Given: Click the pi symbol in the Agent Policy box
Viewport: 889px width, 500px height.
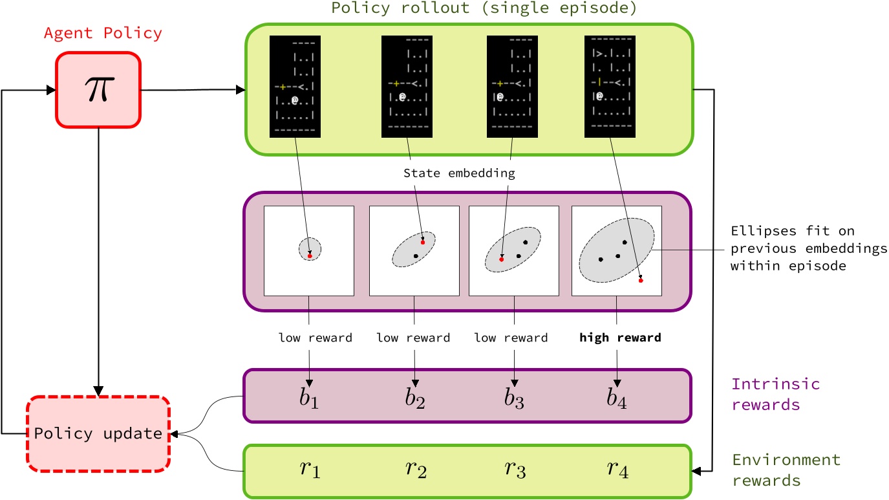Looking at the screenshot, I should click(x=98, y=91).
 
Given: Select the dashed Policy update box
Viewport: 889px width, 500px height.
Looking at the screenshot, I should click(x=98, y=433).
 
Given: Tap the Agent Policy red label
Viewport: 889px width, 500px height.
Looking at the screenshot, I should click(x=103, y=33).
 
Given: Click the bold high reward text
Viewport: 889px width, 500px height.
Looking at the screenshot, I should click(x=620, y=338).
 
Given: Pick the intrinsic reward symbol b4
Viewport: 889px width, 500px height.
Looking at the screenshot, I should click(x=617, y=397).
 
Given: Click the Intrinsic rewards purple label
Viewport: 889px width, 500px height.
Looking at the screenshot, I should click(x=775, y=394).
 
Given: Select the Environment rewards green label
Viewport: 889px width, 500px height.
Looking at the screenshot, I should click(x=786, y=470).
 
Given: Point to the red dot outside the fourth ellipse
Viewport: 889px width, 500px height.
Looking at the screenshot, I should click(x=641, y=280).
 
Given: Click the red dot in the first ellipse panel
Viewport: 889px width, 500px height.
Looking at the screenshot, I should click(x=310, y=256).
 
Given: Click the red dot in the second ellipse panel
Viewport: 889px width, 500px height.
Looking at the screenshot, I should click(x=423, y=242).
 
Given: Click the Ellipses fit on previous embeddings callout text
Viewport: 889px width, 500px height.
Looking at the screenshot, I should click(x=808, y=248).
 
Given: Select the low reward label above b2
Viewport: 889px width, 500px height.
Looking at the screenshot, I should click(x=413, y=338).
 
